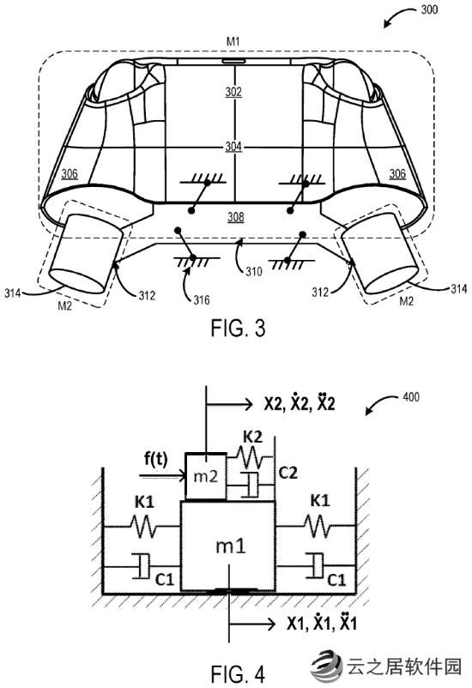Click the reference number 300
click(x=429, y=9)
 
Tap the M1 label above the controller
click(x=233, y=42)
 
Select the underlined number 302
click(x=233, y=92)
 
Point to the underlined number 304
click(x=233, y=146)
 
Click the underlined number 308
click(x=236, y=217)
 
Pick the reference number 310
click(x=253, y=272)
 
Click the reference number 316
click(x=202, y=300)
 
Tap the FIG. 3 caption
click(x=238, y=329)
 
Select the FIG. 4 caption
click(x=238, y=674)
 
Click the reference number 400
click(x=411, y=397)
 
